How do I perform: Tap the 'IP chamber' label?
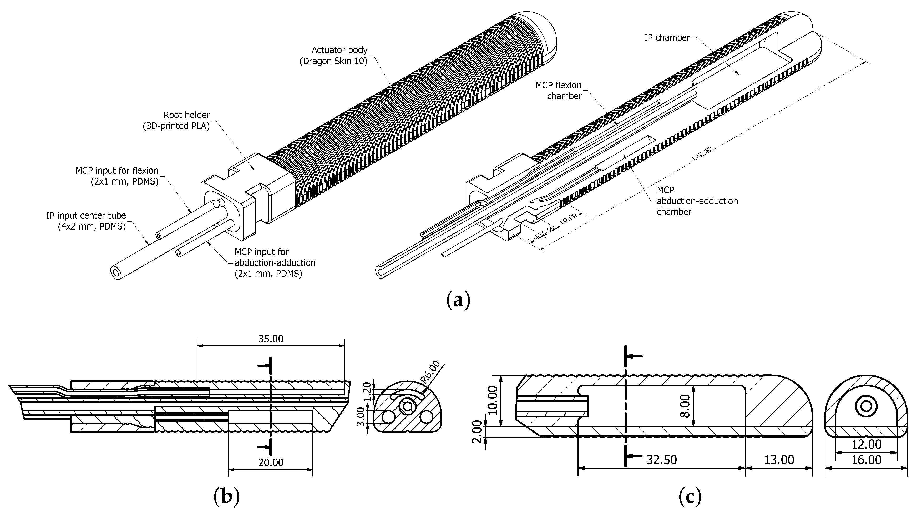(667, 38)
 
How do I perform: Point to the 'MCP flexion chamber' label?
(559, 91)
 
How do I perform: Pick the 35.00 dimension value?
(271, 339)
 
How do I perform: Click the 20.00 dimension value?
(271, 463)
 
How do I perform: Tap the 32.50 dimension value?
(661, 460)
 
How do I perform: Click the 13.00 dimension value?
(779, 460)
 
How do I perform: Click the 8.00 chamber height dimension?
(686, 406)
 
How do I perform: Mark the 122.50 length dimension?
(701, 153)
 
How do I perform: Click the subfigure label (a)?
(458, 300)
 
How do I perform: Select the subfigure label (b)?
(226, 496)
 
